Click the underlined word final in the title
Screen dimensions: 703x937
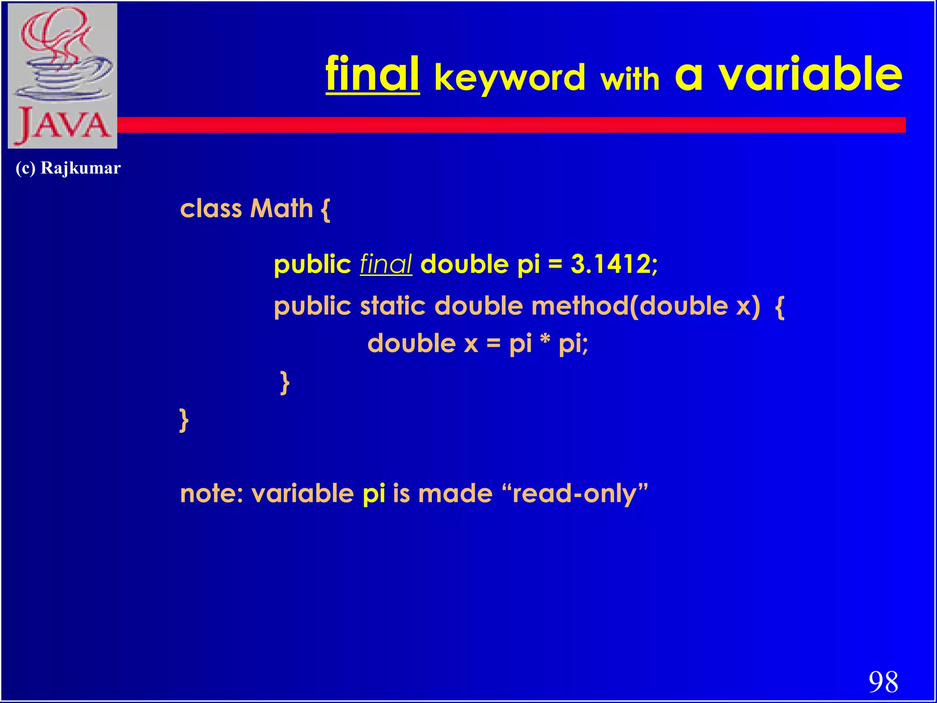click(x=372, y=74)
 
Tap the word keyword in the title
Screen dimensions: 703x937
click(x=510, y=78)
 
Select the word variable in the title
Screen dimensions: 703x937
click(x=810, y=74)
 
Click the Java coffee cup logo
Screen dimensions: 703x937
click(x=63, y=76)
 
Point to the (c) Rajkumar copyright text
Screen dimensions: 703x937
click(x=68, y=168)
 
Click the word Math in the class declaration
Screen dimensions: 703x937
click(x=281, y=209)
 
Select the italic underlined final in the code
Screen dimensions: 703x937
click(x=386, y=265)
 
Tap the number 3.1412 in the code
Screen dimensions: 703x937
click(x=611, y=265)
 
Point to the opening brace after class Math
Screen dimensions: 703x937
click(x=325, y=210)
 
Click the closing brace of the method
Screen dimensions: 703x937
click(x=285, y=382)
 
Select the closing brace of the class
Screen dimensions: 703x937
click(x=184, y=420)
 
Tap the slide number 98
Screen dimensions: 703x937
click(x=883, y=682)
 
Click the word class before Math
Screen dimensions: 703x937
click(x=211, y=209)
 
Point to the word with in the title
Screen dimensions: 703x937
click(x=630, y=79)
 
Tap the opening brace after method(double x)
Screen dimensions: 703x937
click(x=780, y=307)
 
